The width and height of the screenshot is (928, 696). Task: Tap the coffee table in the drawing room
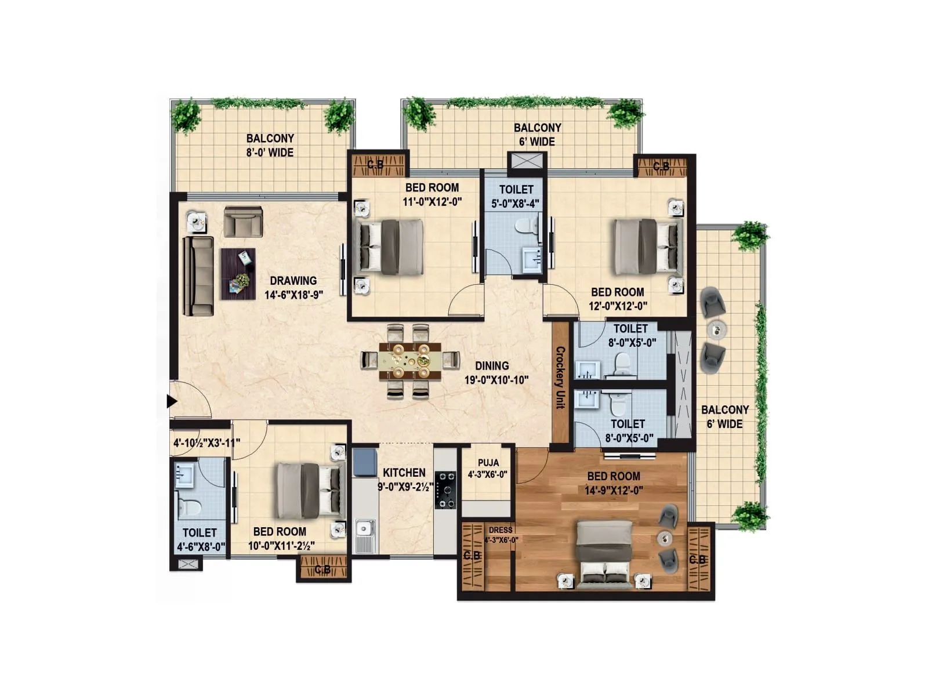[238, 274]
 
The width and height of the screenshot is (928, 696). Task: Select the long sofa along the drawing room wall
[197, 276]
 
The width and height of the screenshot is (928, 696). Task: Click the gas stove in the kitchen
[445, 490]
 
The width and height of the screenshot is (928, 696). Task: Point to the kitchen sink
[364, 530]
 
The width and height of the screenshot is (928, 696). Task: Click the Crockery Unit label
[560, 377]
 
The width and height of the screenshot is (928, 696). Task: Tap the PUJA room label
[488, 463]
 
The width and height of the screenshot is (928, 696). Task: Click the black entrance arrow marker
[172, 401]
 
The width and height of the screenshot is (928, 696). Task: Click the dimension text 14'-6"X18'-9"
[293, 295]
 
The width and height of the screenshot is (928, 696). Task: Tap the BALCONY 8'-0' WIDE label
[270, 145]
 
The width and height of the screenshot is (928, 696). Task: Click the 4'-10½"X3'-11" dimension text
[206, 443]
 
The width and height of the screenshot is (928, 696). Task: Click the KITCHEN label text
[404, 473]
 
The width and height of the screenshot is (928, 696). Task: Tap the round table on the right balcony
[717, 329]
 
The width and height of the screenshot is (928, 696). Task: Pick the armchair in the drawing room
[243, 222]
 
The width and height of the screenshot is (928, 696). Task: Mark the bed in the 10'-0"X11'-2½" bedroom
[307, 490]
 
